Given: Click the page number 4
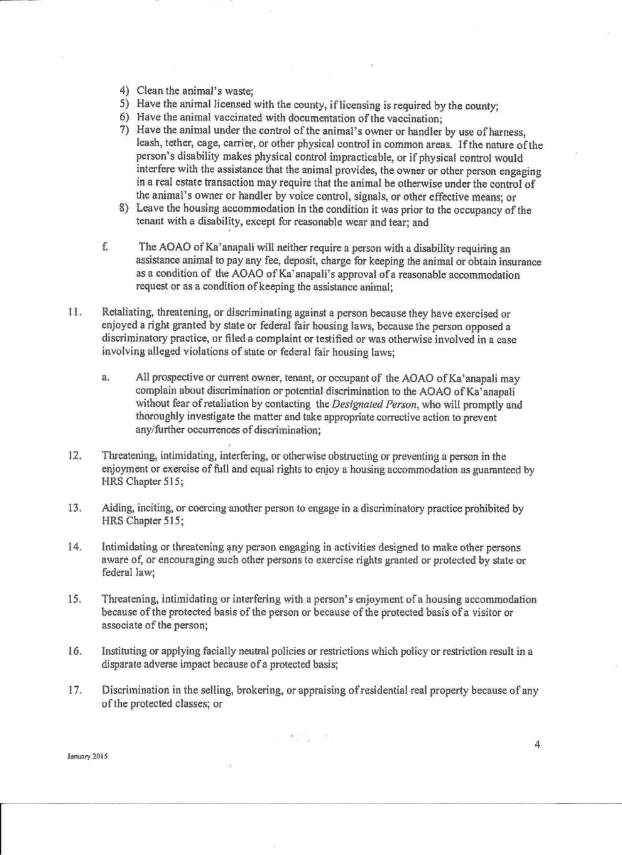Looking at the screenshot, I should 537,745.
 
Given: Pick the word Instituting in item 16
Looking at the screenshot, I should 124,652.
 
